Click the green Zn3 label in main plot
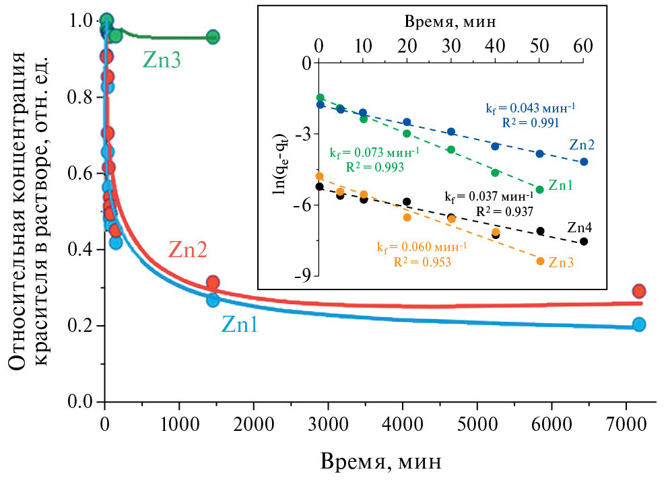click(x=162, y=61)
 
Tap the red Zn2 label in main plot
click(x=187, y=250)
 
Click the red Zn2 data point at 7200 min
click(x=639, y=291)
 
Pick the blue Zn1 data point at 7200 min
click(x=639, y=324)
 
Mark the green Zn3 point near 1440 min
click(x=213, y=37)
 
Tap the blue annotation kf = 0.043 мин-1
click(x=531, y=108)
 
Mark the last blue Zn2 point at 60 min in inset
click(x=584, y=162)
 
